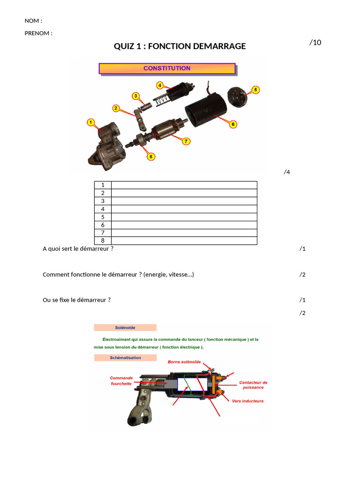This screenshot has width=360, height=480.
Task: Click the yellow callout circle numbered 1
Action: (x=90, y=122)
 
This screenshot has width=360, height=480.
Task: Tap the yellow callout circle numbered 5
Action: (x=255, y=90)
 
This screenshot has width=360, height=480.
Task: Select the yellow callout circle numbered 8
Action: (x=150, y=157)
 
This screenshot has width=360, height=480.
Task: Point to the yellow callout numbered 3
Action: (x=136, y=96)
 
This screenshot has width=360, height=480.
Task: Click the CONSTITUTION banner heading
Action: (x=167, y=68)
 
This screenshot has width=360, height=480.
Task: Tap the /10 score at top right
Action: (x=315, y=43)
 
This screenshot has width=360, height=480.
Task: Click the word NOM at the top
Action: (x=31, y=21)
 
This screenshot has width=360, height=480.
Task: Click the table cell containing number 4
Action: (x=103, y=209)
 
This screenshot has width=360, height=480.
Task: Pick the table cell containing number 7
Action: (x=103, y=233)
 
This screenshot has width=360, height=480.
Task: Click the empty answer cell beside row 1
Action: (x=184, y=185)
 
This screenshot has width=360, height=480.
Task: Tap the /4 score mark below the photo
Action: (x=287, y=172)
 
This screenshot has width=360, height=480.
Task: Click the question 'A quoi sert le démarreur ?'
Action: (x=78, y=249)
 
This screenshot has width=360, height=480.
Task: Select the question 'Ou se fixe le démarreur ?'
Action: (x=76, y=300)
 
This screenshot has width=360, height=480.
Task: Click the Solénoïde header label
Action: (x=125, y=328)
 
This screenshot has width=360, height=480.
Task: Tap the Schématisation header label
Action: (x=125, y=358)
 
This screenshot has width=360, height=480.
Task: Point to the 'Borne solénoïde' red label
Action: (x=184, y=362)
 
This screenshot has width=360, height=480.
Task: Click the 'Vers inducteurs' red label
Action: (x=247, y=401)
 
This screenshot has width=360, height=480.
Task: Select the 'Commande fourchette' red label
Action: (x=121, y=381)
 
